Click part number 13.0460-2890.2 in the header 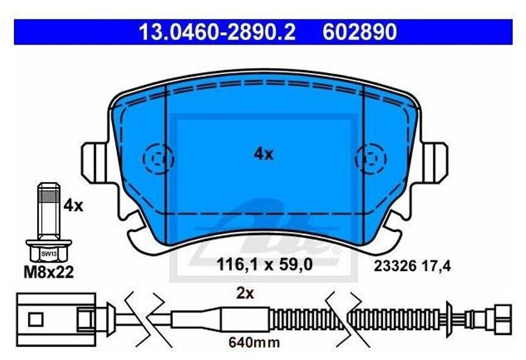coord(217,32)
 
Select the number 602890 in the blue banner coord(360,32)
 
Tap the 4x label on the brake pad coord(264,154)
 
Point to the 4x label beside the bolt coord(73,205)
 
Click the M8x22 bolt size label coord(49,272)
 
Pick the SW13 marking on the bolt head coord(49,254)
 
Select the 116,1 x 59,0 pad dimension coord(265,264)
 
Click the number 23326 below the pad coord(395,266)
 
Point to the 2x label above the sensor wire coord(245,294)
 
